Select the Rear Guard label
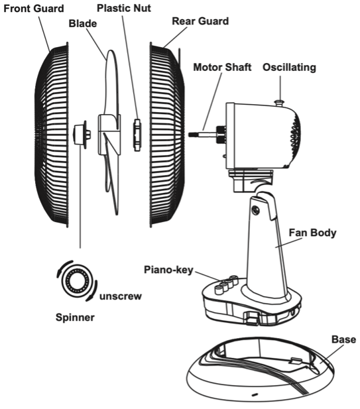point(200,21)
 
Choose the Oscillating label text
point(289,68)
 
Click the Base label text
point(343,339)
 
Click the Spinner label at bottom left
point(75,318)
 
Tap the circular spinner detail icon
point(78,281)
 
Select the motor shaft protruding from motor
point(205,132)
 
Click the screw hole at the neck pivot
point(256,210)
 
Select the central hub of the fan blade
point(106,133)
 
